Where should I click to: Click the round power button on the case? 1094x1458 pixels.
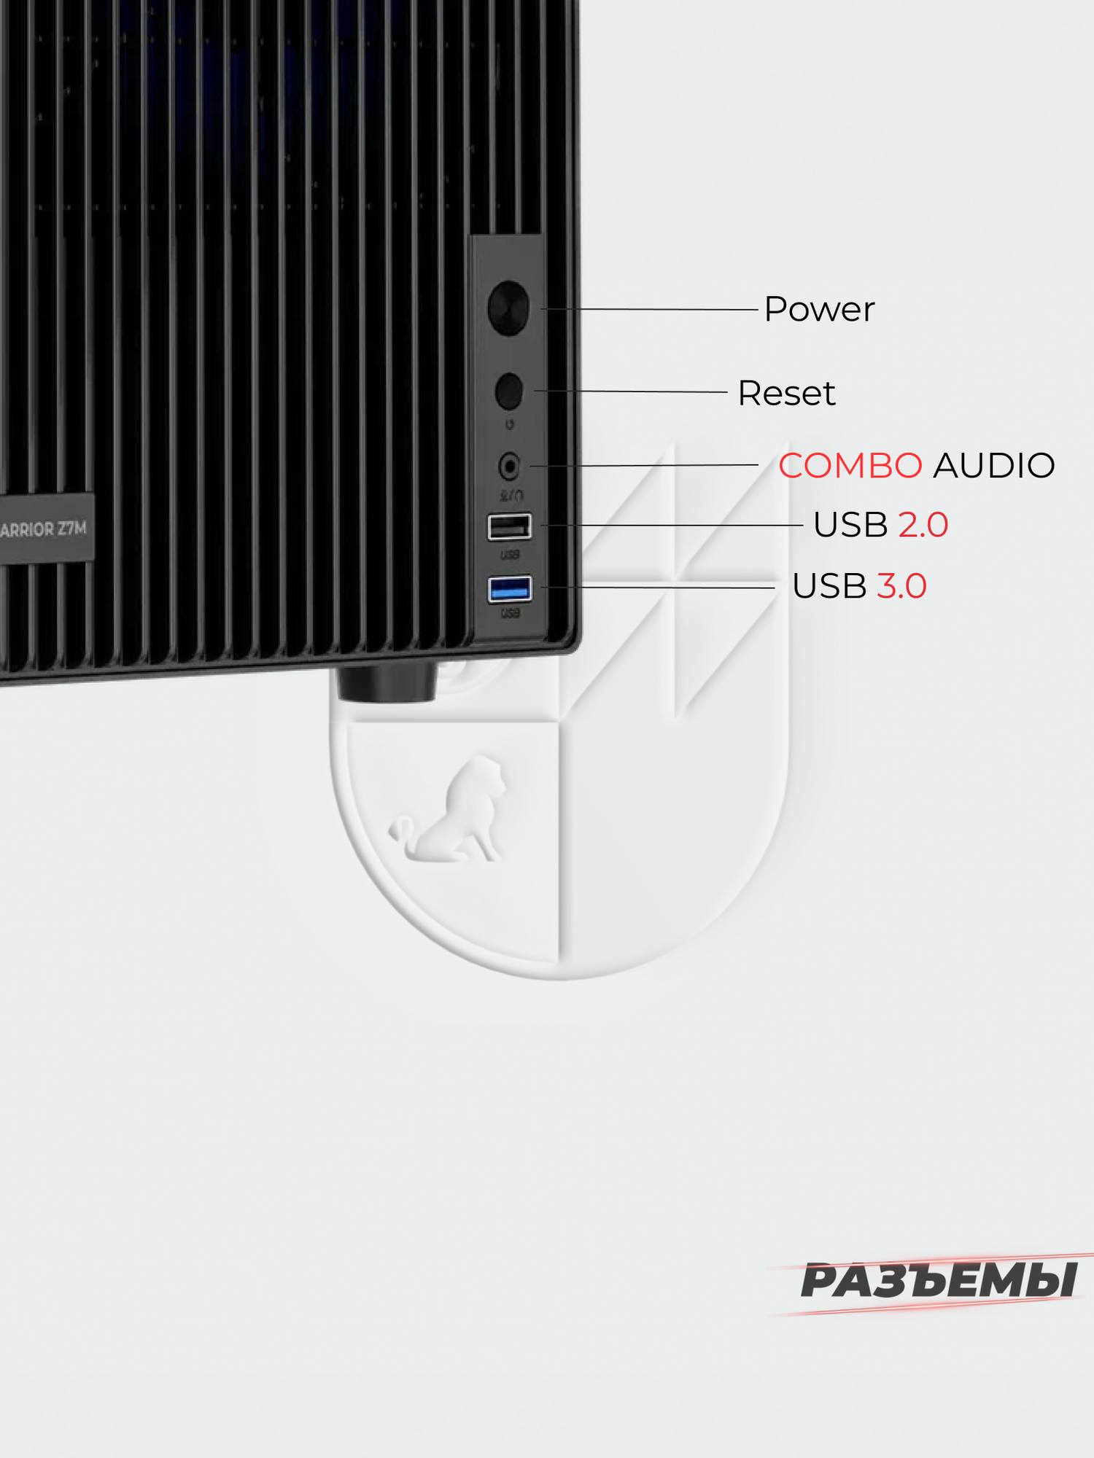[x=508, y=308]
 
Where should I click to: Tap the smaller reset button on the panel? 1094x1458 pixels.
[x=509, y=391]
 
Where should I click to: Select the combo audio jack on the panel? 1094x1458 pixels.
[x=509, y=466]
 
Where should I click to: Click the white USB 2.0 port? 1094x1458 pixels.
[x=509, y=526]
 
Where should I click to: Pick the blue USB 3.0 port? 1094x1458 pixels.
[x=509, y=588]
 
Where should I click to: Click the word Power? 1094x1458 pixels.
[x=818, y=310]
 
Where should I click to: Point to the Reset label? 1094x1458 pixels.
[x=786, y=394]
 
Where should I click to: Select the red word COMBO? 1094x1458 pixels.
[x=850, y=466]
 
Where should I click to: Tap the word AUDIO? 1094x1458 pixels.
[x=994, y=466]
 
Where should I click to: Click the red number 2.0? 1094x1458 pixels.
[x=923, y=525]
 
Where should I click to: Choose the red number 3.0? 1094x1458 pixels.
[x=901, y=586]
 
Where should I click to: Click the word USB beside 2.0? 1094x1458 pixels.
[x=850, y=525]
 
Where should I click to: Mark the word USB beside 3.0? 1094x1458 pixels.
[x=829, y=586]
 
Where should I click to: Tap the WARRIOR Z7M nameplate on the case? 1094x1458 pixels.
[x=44, y=529]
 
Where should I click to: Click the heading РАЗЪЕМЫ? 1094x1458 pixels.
[x=939, y=1282]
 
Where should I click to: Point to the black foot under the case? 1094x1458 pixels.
[x=387, y=684]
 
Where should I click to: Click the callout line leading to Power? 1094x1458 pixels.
[x=649, y=309]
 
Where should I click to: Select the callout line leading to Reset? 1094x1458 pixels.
[x=631, y=391]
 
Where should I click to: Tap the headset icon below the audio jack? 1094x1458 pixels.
[x=511, y=496]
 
